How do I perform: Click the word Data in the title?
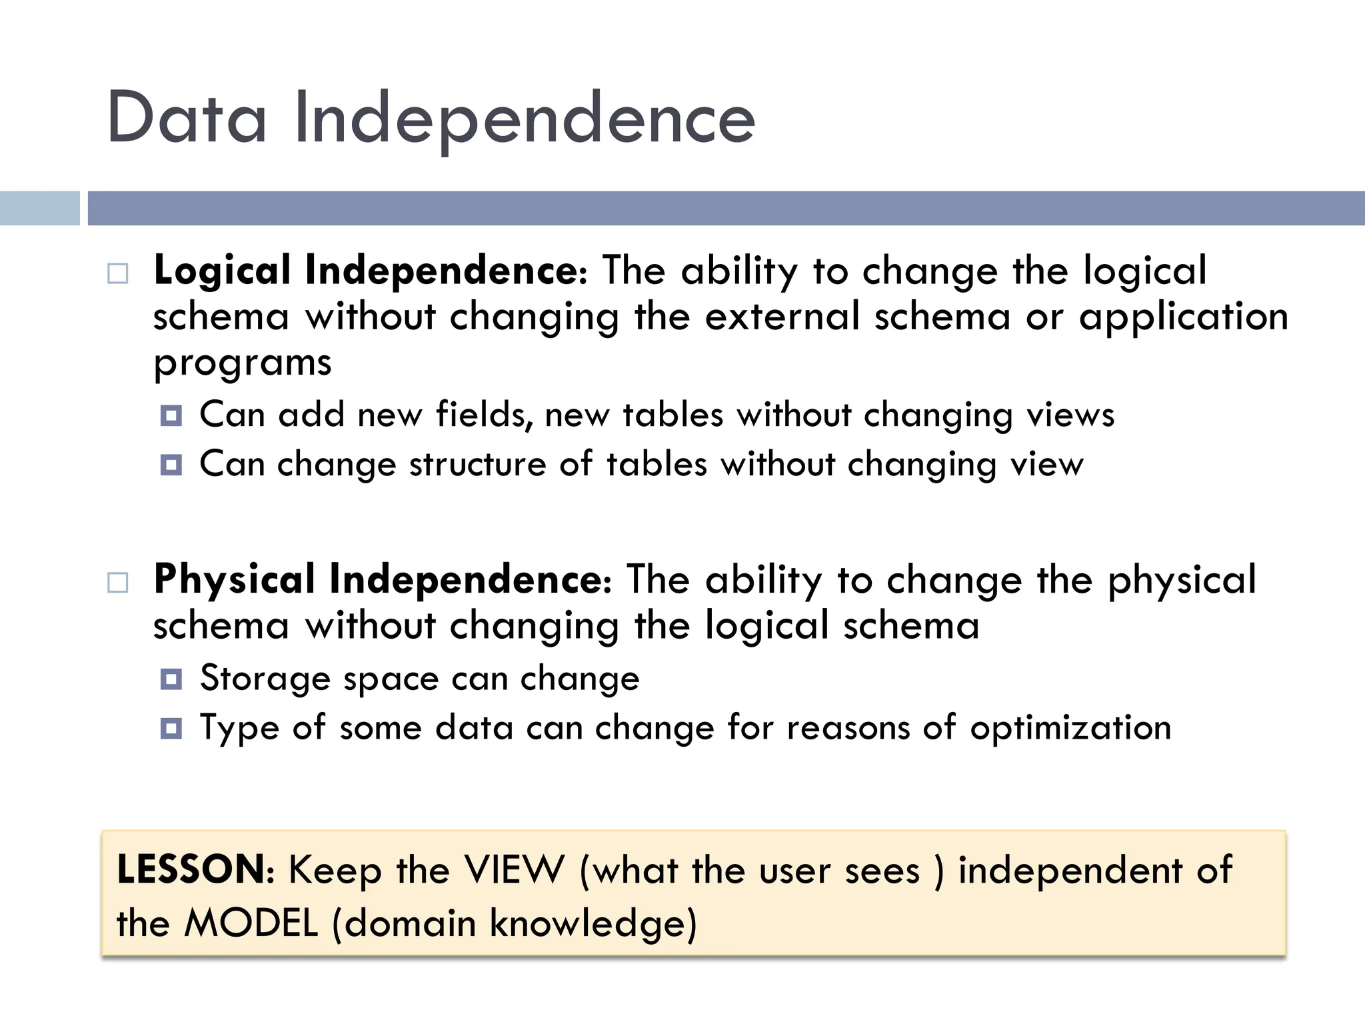point(187,119)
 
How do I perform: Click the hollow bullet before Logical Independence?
point(118,274)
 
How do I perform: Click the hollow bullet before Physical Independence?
point(118,583)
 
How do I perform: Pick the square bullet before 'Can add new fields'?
point(171,416)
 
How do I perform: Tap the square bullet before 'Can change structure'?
point(171,465)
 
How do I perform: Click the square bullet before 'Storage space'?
point(171,679)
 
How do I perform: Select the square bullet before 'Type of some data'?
point(171,728)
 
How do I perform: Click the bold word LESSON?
point(191,869)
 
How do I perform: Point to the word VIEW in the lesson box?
point(514,869)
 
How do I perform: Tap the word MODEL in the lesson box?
point(251,923)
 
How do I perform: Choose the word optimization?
point(1070,728)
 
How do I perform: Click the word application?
point(1184,317)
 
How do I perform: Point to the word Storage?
point(265,679)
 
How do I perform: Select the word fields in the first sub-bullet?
point(485,415)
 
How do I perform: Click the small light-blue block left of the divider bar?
point(39,208)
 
